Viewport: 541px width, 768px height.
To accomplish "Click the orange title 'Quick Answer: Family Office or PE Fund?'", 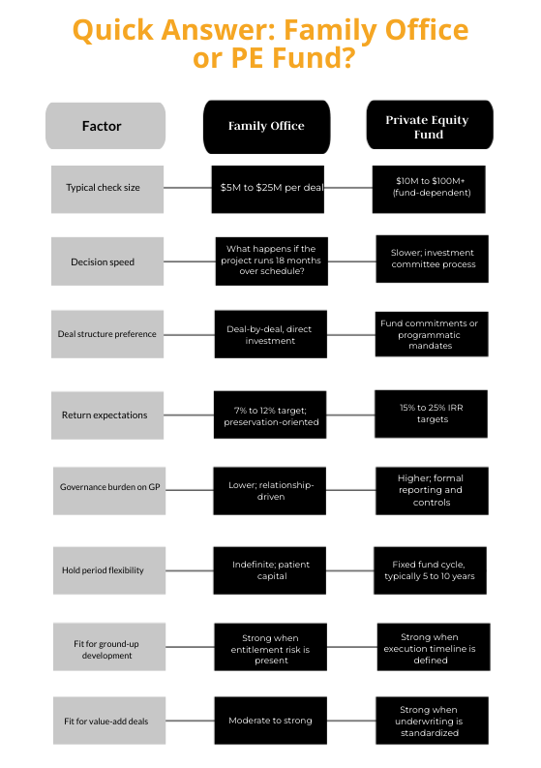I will click(x=270, y=44).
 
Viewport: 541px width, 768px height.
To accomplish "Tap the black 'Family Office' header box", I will click(x=266, y=126).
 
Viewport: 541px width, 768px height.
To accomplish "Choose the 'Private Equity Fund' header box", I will click(x=427, y=126).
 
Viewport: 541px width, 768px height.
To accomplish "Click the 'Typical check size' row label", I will click(x=107, y=188).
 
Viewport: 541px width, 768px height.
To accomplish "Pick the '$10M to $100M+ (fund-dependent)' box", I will click(x=427, y=188).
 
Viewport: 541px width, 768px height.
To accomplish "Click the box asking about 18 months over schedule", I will click(x=270, y=261).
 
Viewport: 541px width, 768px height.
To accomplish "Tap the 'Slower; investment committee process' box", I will click(x=431, y=259).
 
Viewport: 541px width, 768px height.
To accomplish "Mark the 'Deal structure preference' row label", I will click(x=107, y=334).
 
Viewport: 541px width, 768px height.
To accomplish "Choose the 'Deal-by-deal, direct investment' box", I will click(x=270, y=334).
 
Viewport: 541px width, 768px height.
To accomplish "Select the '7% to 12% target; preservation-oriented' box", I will click(x=270, y=415).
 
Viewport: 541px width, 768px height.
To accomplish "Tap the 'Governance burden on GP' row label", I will click(x=107, y=489).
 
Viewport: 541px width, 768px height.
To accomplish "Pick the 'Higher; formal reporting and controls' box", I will click(x=431, y=489).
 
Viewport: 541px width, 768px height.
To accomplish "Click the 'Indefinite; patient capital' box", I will click(x=270, y=569).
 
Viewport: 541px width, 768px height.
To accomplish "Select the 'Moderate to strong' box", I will click(x=270, y=721).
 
